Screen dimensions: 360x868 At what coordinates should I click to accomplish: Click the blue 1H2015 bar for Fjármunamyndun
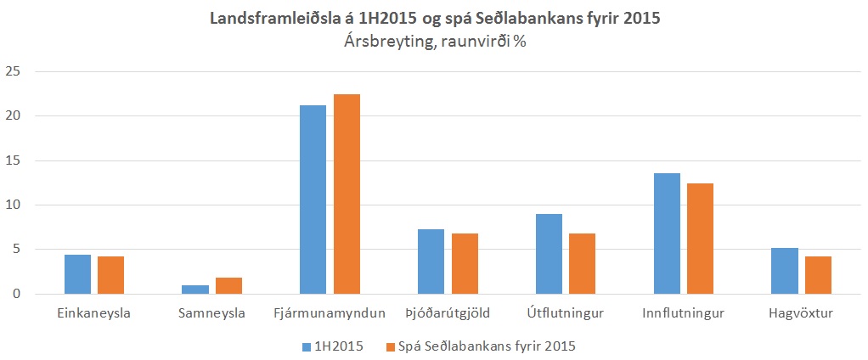click(313, 200)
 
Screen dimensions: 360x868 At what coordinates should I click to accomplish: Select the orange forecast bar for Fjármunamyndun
click(347, 194)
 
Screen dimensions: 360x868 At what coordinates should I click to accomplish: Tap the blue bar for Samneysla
click(194, 290)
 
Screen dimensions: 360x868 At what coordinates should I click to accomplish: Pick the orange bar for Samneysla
click(228, 286)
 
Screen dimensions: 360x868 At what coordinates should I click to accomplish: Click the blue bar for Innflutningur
click(667, 233)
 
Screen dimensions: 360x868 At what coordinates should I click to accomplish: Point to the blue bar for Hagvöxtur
click(784, 271)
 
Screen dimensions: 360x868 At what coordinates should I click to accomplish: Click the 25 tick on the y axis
click(12, 71)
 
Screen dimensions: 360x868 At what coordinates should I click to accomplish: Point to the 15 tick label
click(12, 160)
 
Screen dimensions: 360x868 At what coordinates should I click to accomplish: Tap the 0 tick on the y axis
click(15, 295)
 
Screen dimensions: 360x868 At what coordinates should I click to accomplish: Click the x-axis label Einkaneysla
click(93, 314)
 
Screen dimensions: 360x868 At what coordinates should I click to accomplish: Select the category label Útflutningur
click(566, 314)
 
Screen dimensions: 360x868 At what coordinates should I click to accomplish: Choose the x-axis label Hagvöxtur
click(801, 314)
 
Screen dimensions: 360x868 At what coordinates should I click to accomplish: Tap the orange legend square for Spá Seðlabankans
click(391, 346)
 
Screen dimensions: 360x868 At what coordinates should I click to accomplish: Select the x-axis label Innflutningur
click(684, 314)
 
